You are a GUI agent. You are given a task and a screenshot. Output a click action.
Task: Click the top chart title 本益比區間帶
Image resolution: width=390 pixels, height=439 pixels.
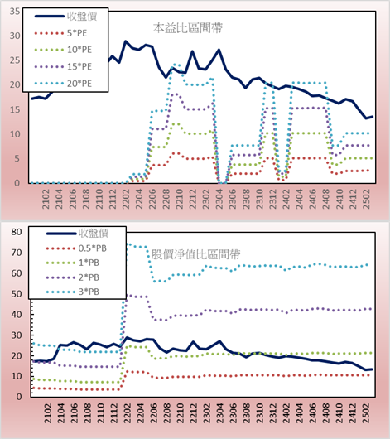[x=188, y=28]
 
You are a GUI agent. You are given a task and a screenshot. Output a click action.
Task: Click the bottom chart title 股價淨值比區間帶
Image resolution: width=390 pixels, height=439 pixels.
[x=195, y=254]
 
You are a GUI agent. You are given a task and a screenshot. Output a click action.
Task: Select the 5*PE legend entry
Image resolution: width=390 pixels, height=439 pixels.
[x=60, y=33]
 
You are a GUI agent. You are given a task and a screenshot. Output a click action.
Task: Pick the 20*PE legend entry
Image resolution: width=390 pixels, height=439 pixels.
[x=63, y=84]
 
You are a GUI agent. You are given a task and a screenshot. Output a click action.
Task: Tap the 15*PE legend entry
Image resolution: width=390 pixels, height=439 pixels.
[x=63, y=66]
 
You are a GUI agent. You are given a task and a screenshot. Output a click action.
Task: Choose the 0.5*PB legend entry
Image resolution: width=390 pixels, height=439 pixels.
[x=76, y=248]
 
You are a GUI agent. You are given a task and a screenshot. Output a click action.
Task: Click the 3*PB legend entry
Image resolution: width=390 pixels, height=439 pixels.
[x=73, y=292]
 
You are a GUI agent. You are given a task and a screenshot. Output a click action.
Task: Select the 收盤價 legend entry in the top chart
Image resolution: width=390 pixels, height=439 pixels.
[x=65, y=17]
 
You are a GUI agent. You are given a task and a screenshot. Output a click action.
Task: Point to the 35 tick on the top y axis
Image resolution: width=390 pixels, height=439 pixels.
[x=15, y=12]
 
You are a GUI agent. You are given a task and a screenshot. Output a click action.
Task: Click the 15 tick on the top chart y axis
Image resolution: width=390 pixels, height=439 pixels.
[x=15, y=109]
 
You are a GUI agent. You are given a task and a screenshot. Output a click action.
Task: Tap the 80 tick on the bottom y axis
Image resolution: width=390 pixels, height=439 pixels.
[x=17, y=232]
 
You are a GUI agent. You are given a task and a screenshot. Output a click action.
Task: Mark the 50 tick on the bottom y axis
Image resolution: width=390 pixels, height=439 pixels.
[x=17, y=294]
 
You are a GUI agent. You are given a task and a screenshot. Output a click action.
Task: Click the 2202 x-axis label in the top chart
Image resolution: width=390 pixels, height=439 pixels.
[x=126, y=199]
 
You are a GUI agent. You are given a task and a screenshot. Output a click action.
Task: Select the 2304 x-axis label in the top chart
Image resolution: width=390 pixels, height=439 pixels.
[x=219, y=199]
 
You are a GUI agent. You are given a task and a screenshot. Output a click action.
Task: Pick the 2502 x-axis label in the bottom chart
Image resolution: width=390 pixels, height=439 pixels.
[x=367, y=413]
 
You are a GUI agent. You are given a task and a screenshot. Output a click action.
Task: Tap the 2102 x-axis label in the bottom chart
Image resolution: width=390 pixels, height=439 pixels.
[x=47, y=413]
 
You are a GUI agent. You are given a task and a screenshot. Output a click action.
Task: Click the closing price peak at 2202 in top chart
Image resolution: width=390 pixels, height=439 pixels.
[x=126, y=41]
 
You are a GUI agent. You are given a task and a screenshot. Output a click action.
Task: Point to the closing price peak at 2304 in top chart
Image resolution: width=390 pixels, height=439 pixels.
[x=219, y=51]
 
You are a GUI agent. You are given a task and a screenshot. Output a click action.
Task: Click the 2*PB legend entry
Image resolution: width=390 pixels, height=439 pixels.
[x=73, y=277]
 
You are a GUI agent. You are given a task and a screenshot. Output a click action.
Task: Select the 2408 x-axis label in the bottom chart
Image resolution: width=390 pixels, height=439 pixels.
[x=326, y=413]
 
